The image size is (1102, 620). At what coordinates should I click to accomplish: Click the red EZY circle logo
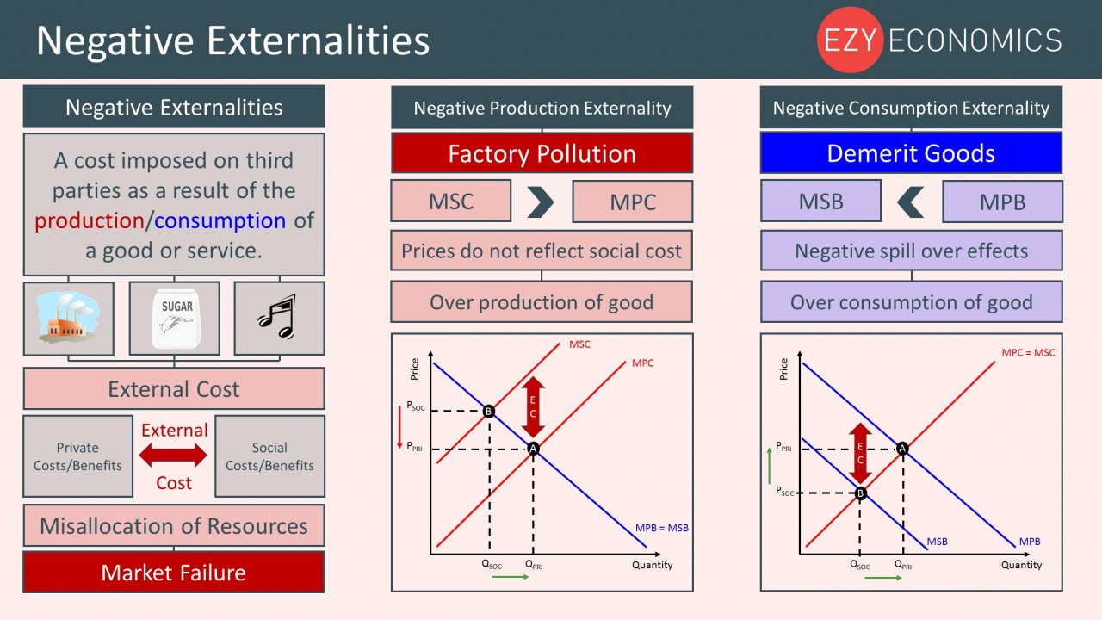click(850, 40)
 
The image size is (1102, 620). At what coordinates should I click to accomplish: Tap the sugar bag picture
click(176, 319)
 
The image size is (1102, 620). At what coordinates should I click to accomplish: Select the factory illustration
click(68, 317)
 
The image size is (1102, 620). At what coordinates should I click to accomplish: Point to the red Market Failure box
click(174, 573)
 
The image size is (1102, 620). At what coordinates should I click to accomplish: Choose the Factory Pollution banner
click(542, 153)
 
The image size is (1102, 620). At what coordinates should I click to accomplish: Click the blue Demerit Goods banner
click(911, 153)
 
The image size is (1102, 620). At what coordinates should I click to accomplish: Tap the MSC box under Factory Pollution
click(450, 201)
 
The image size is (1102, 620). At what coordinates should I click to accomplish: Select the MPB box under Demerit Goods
click(1003, 201)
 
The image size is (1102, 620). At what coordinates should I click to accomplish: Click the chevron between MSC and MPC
click(541, 201)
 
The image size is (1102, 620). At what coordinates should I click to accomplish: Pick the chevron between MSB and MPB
click(910, 201)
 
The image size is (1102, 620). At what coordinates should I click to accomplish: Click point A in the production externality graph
click(533, 449)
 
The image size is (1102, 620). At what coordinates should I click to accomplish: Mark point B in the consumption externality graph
click(860, 493)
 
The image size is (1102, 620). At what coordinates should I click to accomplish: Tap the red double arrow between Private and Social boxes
click(173, 456)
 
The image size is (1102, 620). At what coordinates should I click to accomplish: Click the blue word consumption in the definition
click(220, 220)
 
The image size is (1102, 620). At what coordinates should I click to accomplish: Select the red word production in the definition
click(89, 221)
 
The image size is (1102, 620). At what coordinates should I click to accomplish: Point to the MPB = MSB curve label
click(662, 528)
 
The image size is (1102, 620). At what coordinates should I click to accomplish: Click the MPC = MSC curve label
click(1028, 352)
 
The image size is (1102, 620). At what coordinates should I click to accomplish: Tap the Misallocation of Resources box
click(174, 525)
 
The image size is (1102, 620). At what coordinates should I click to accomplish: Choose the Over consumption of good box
click(911, 302)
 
